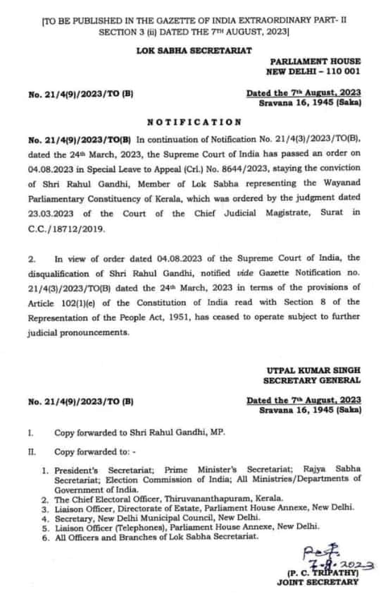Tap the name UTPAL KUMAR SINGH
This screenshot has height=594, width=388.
point(314,370)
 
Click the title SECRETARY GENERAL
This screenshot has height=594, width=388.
point(315,381)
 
